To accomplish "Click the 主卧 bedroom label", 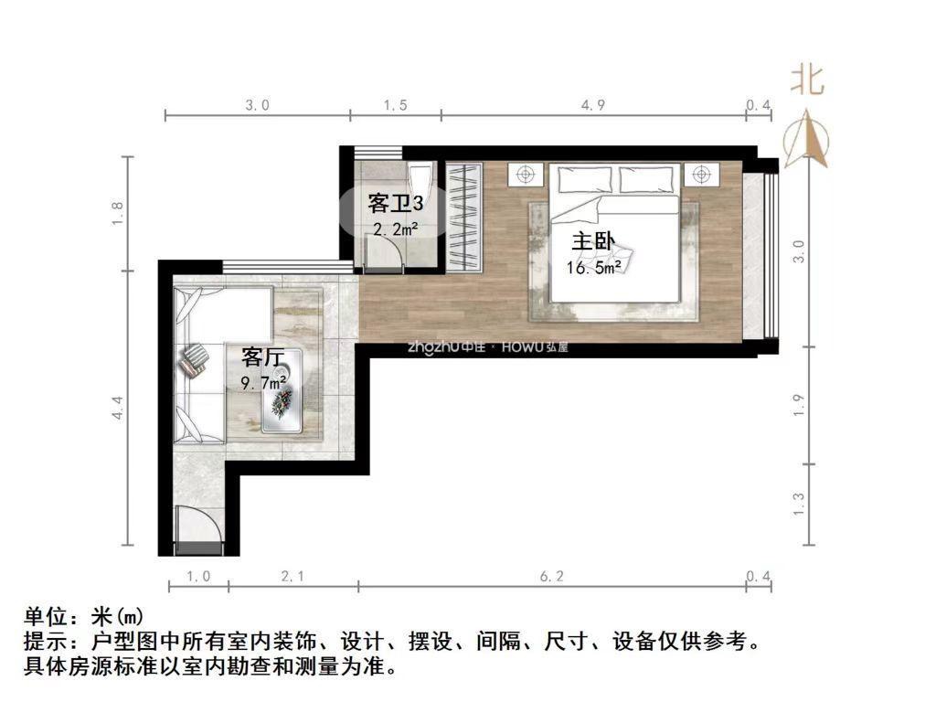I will pos(593,242).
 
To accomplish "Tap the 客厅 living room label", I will pos(261,356).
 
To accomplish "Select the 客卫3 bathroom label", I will pos(394,201).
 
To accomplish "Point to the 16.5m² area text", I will pos(593,267).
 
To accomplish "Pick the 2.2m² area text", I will pos(395,229).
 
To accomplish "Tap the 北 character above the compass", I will pos(806,79).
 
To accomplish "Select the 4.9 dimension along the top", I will pos(593,105).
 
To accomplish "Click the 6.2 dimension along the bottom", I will pos(553,576).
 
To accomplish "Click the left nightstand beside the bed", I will pos(526,174).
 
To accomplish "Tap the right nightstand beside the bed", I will pos(701,174).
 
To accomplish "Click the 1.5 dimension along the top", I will pos(395,105).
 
